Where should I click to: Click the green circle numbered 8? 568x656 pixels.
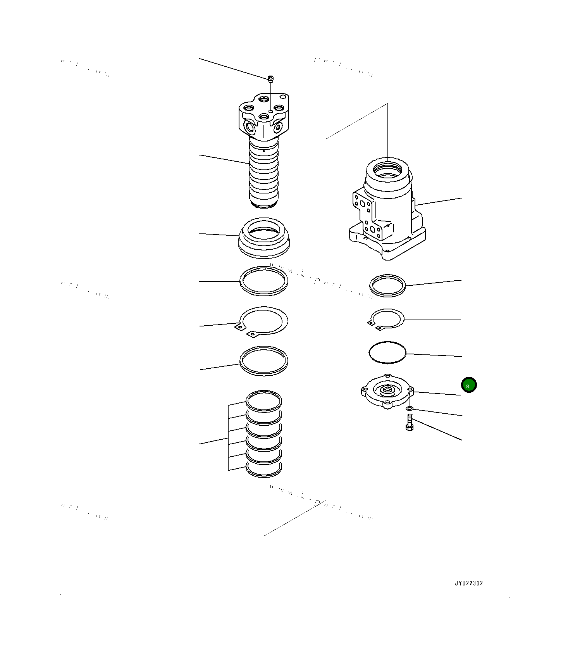[469, 385]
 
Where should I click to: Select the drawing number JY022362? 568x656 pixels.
[469, 583]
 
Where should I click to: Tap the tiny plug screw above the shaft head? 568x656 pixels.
[271, 79]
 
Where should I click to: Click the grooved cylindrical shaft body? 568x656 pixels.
[264, 174]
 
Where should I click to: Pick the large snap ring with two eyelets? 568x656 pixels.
[264, 321]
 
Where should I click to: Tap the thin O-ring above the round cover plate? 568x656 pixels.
[387, 353]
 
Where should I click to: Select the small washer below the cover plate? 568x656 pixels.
[410, 409]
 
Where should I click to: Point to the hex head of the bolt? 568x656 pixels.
[409, 427]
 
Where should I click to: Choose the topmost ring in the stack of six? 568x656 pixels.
[264, 400]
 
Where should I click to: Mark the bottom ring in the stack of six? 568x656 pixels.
[264, 470]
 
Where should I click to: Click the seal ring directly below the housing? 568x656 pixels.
[387, 286]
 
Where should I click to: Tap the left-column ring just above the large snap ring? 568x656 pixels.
[264, 281]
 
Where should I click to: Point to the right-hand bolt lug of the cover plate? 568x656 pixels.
[411, 391]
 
